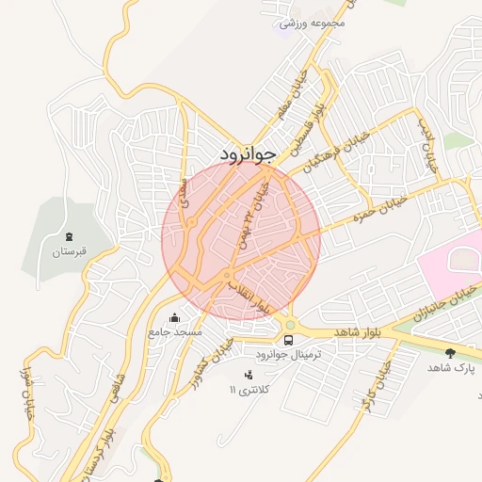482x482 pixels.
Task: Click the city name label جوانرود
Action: (247, 153)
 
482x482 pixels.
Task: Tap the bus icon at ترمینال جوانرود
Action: (288, 339)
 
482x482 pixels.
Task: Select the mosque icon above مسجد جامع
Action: (174, 318)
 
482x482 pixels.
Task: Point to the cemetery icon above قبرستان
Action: (68, 235)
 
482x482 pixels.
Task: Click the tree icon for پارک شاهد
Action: (451, 353)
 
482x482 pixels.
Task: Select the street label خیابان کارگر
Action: (373, 386)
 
